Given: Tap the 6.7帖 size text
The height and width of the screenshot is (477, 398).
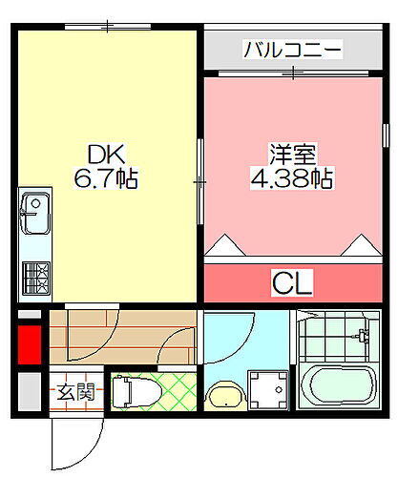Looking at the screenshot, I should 107,177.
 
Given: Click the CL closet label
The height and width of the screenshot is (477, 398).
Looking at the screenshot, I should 293,282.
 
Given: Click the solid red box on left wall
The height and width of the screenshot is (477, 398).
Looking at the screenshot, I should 30,344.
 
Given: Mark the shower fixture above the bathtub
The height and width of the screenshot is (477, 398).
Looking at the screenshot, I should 359,337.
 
